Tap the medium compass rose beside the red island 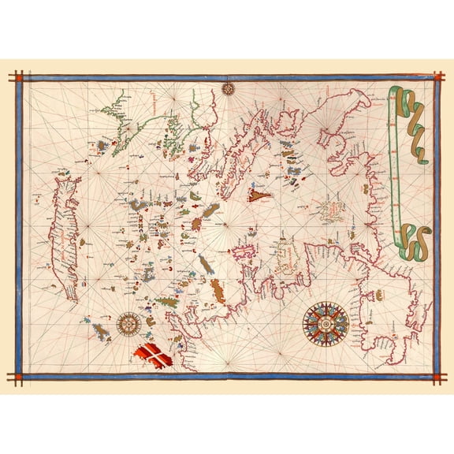129,322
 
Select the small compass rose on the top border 229,87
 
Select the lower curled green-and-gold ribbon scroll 413,240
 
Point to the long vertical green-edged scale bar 392,181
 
